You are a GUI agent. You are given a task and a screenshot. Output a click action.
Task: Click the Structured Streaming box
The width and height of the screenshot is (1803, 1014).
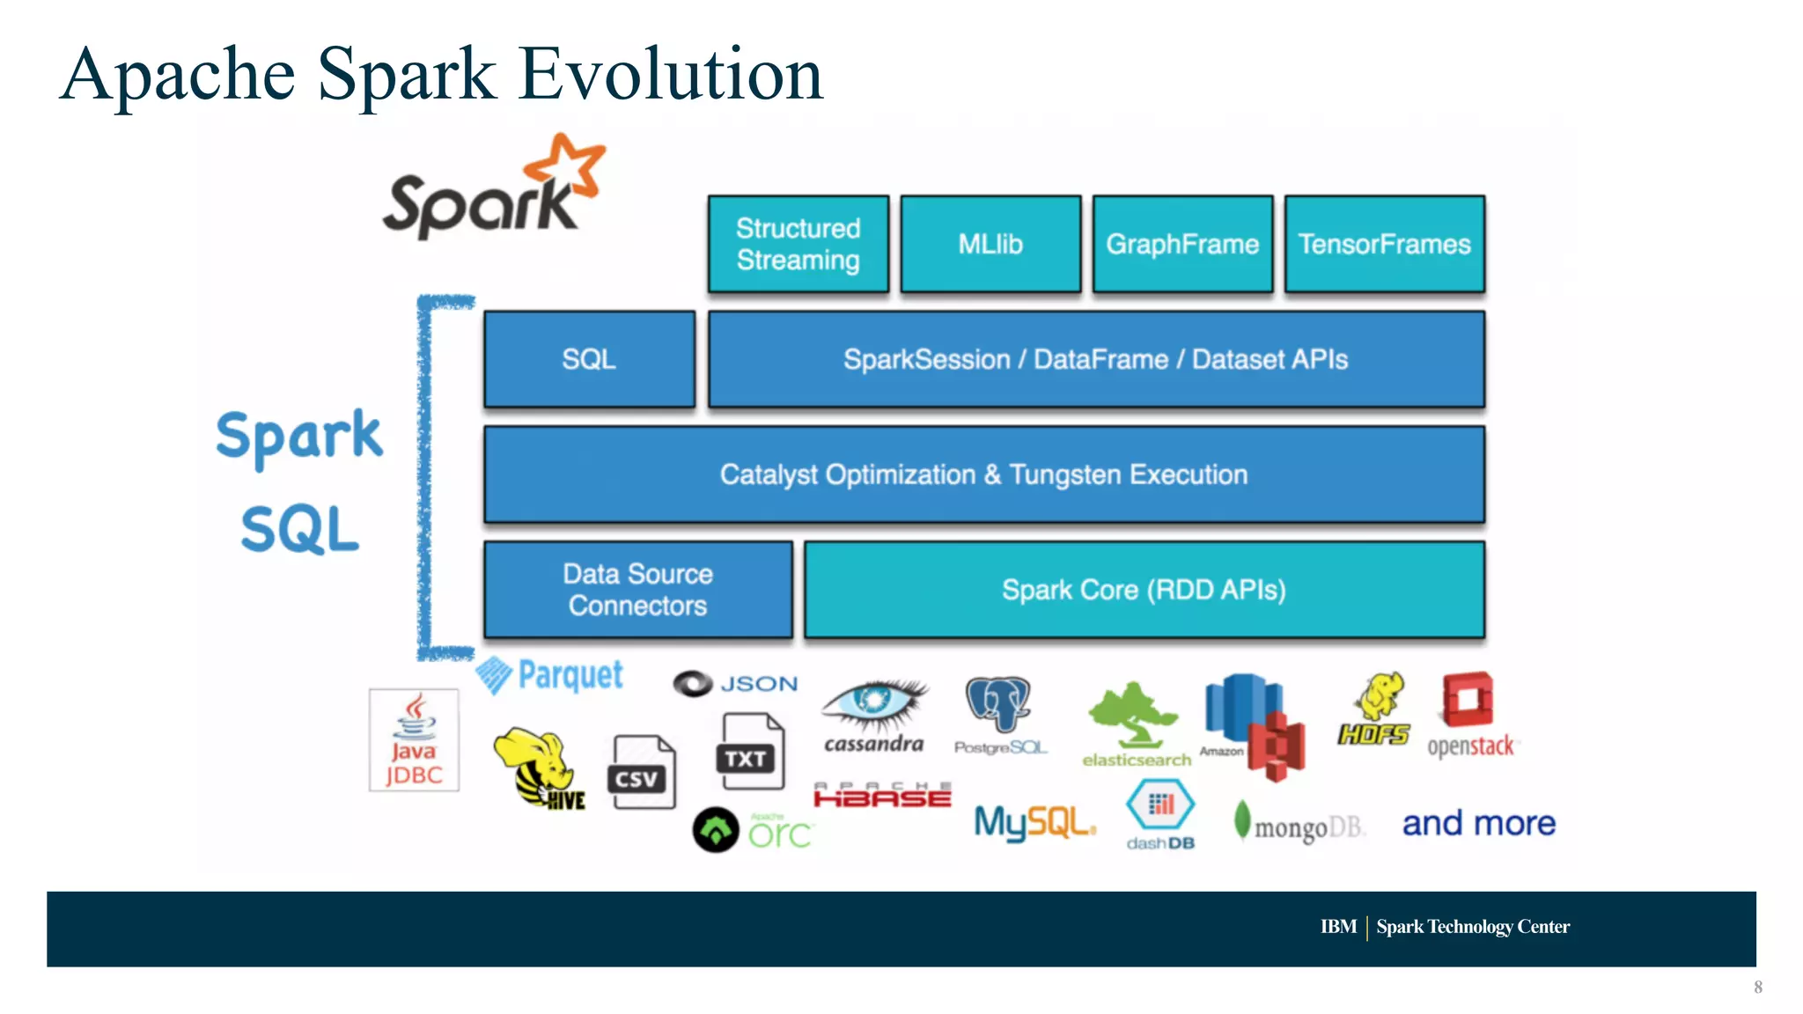pyautogui.click(x=798, y=244)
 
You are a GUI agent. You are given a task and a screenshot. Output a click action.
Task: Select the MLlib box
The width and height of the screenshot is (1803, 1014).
pyautogui.click(x=990, y=244)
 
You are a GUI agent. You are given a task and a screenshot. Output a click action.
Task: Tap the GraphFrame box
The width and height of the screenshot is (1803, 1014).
pyautogui.click(x=1182, y=244)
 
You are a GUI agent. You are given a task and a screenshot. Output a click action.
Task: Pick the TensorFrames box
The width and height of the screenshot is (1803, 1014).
pyautogui.click(x=1384, y=244)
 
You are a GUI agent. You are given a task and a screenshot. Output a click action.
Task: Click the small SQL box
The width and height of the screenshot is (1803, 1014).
pyautogui.click(x=589, y=359)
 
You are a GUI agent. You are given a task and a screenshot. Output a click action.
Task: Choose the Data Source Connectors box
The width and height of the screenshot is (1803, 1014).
pyautogui.click(x=637, y=590)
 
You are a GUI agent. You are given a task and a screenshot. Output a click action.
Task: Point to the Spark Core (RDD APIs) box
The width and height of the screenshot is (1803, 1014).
pyautogui.click(x=1144, y=590)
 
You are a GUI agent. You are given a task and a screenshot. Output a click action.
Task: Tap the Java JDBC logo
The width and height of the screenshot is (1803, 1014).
pyautogui.click(x=414, y=740)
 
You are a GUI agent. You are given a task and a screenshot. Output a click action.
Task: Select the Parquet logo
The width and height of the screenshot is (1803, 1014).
pyautogui.click(x=550, y=676)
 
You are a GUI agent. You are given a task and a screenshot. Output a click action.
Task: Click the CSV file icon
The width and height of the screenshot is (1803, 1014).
pyautogui.click(x=641, y=772)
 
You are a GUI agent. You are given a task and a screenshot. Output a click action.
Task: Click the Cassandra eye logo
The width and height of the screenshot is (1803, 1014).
pyautogui.click(x=873, y=703)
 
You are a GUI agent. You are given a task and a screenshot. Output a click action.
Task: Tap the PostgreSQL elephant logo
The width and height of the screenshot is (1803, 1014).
pyautogui.click(x=999, y=704)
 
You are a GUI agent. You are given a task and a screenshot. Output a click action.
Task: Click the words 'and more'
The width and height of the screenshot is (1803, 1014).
pyautogui.click(x=1478, y=824)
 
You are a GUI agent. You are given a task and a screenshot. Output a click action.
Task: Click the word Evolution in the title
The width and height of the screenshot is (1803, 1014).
pyautogui.click(x=671, y=75)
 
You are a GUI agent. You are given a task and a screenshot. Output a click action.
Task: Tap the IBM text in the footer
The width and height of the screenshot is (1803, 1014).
pyautogui.click(x=1337, y=927)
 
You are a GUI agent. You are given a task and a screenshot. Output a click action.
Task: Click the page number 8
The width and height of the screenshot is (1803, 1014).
pyautogui.click(x=1757, y=988)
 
